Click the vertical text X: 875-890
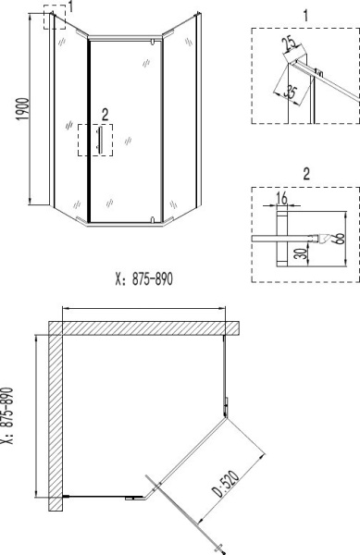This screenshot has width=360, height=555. pos(9,417)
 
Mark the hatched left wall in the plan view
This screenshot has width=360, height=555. pos(56,416)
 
